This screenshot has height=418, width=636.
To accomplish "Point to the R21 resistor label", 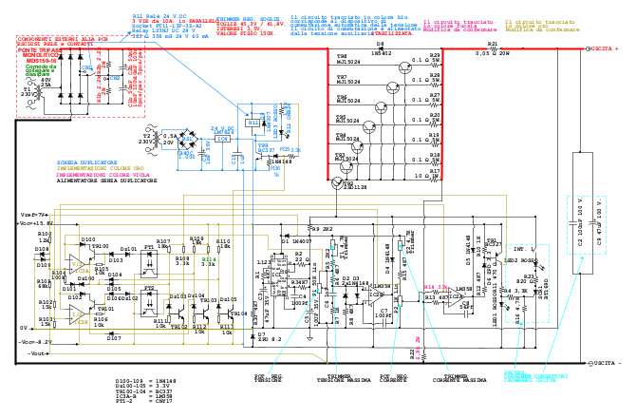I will click(493, 45).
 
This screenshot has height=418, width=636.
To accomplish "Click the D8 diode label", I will click(380, 45).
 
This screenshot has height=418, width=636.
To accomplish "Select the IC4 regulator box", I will click(223, 138).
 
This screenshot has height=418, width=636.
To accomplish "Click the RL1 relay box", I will click(253, 123).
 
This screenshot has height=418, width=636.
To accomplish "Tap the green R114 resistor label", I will click(209, 258).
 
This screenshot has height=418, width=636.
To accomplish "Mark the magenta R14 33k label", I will click(435, 288).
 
